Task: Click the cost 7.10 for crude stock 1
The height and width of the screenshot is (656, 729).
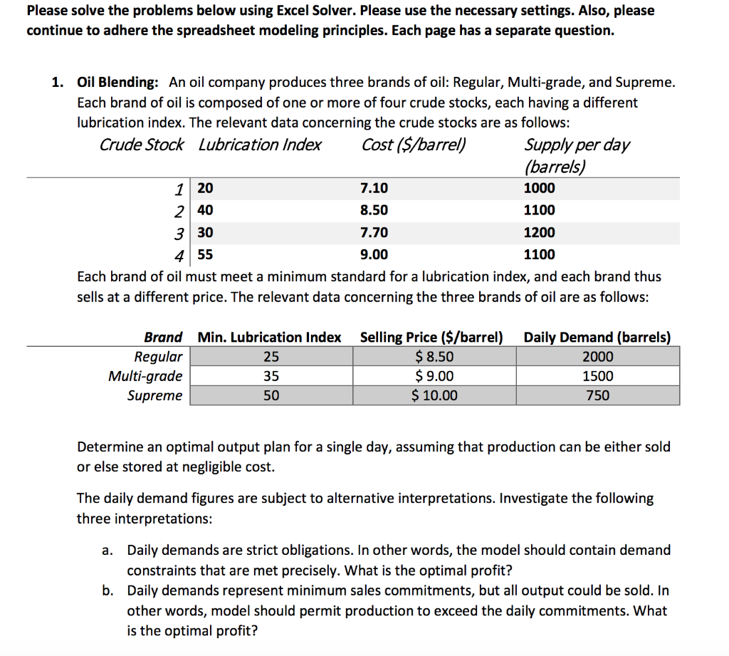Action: pos(374,189)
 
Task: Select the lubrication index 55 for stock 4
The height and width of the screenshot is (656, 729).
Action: pos(205,255)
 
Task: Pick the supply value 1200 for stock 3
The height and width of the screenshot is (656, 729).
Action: pos(539,233)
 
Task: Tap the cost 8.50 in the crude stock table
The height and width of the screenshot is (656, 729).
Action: pos(374,211)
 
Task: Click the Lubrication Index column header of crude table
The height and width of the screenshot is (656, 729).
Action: pos(260,145)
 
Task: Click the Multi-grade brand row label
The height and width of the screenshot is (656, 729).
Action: pos(145,376)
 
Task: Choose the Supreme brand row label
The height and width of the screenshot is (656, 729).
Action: pos(154,395)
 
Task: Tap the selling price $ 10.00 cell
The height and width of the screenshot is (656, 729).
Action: pos(435,395)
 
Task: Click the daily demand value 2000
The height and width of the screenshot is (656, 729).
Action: pos(597,357)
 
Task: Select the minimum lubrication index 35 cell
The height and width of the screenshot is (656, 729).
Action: pos(271,376)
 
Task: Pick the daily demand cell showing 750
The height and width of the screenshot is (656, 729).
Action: pos(597,395)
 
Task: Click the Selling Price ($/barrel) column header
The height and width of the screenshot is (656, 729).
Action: pos(431,337)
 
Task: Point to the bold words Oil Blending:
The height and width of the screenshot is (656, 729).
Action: pos(119,82)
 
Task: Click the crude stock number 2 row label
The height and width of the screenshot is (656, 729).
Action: pos(181,211)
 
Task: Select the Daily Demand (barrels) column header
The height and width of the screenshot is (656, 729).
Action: pos(597,337)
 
